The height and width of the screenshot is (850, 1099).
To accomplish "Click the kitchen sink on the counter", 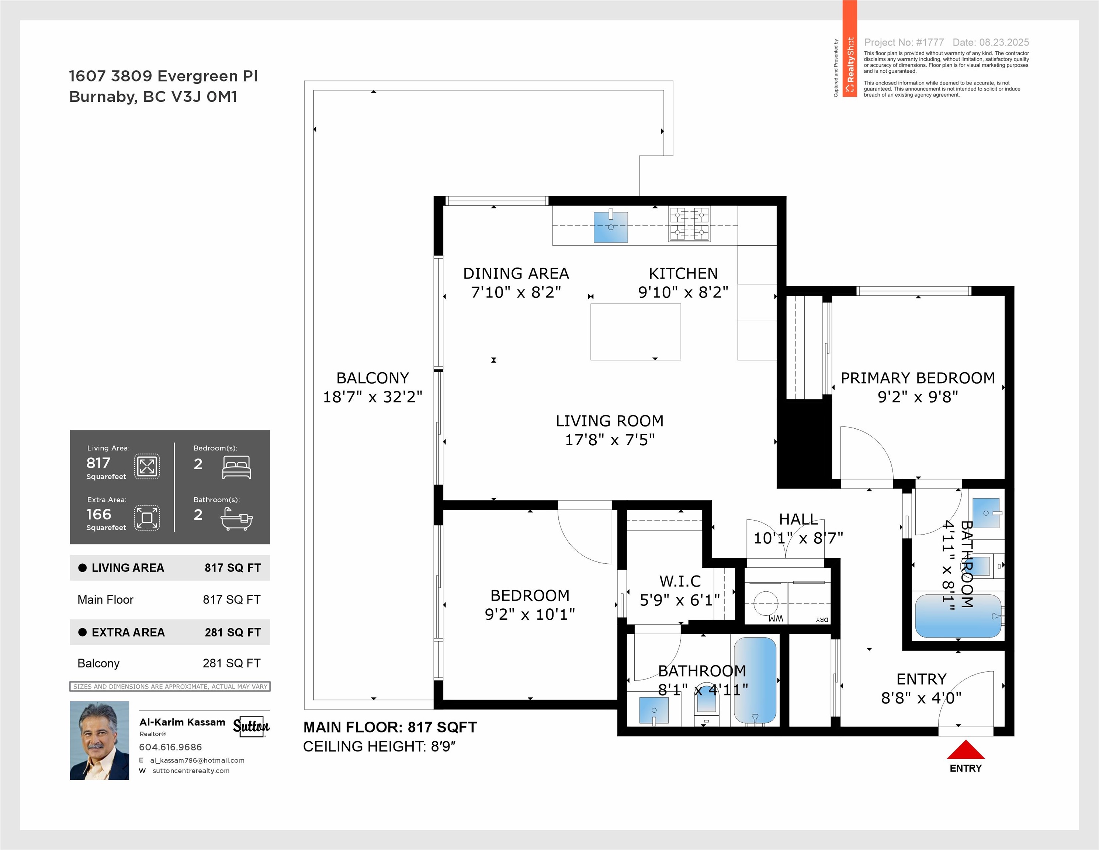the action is [x=610, y=227].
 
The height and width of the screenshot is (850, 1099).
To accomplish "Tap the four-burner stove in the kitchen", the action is [x=689, y=224].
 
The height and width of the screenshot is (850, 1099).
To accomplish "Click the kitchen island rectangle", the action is [x=635, y=332].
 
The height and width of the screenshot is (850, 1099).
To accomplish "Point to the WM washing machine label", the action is [x=776, y=618].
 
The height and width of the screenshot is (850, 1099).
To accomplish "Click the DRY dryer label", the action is [x=822, y=619].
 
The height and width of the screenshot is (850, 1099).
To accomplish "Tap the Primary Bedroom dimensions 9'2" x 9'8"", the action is [x=918, y=397].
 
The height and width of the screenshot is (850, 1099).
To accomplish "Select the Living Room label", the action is [x=609, y=421].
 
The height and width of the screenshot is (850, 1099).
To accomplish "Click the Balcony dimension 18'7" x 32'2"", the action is [x=372, y=397].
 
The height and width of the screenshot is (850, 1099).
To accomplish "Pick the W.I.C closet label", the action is [x=680, y=581].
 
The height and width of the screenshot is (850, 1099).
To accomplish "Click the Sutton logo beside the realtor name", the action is [x=251, y=726].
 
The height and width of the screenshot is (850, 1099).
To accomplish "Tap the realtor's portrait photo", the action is [x=100, y=740].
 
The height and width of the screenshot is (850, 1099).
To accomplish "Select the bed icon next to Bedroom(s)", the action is [x=236, y=467].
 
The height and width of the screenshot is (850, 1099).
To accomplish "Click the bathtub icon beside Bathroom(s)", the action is [x=236, y=519].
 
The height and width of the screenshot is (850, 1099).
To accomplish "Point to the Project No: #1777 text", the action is [x=904, y=42].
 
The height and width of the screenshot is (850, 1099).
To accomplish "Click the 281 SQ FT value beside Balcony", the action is [x=232, y=663].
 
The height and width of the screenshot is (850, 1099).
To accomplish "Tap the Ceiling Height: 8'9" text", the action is [x=379, y=746].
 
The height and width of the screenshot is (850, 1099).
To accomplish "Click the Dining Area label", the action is [x=516, y=273].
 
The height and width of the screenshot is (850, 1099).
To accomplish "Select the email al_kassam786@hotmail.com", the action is [x=197, y=760].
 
